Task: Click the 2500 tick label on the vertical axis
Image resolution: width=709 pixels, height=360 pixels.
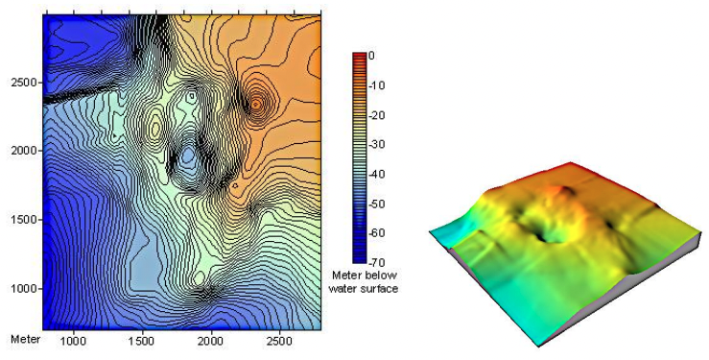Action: (x=22, y=84)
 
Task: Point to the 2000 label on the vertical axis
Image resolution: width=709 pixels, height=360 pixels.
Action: (x=22, y=151)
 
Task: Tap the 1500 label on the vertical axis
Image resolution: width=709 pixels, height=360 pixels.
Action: (x=22, y=220)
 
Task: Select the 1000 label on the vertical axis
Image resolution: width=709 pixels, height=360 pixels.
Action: (x=22, y=289)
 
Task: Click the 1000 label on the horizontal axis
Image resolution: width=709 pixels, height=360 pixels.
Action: (x=73, y=341)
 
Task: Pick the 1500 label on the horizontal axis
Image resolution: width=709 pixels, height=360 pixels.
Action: (x=142, y=341)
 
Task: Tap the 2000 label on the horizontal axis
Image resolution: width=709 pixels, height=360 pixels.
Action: (x=211, y=341)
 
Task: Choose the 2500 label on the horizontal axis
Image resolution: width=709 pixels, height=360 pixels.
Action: (x=280, y=341)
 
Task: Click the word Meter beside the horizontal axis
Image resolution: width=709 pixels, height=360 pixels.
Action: (x=25, y=340)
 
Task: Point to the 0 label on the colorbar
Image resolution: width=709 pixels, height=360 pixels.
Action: (x=371, y=56)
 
